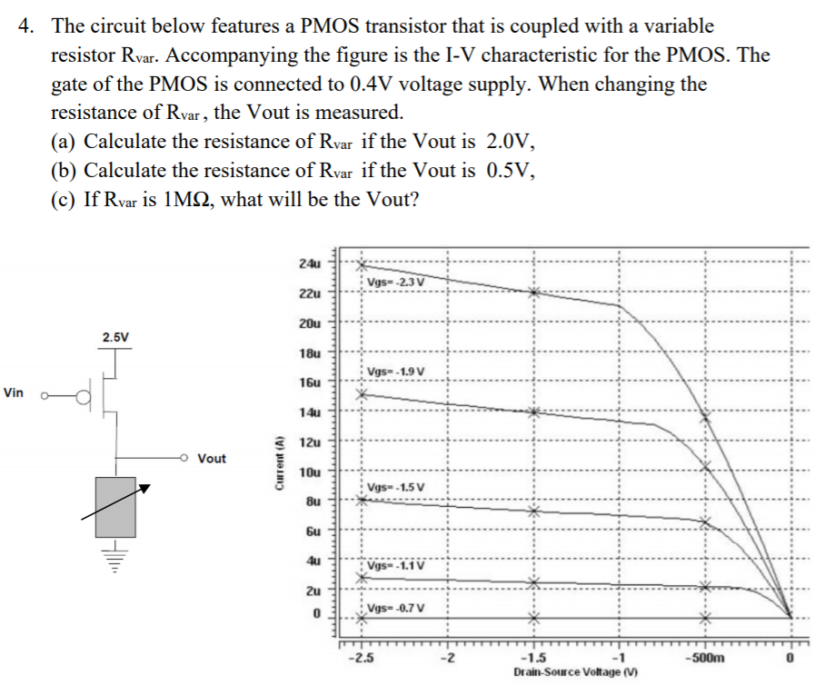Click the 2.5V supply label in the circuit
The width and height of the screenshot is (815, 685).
(115, 337)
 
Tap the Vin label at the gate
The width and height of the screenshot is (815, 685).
(14, 393)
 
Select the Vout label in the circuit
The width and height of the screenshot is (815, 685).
(212, 459)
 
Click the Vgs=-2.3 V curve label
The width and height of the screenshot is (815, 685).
(393, 281)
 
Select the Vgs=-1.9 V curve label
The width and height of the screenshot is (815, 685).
(393, 371)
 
